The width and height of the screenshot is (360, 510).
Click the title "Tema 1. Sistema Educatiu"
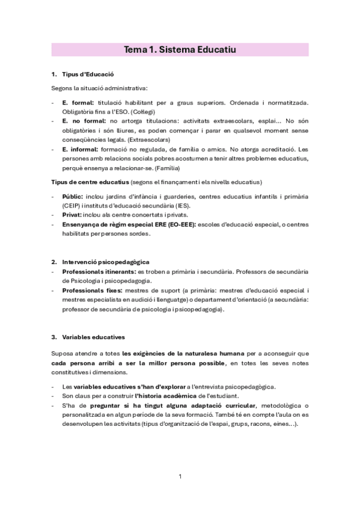[x=180, y=50]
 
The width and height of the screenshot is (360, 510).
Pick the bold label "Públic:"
[x=73, y=196]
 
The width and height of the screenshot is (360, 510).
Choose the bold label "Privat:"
[x=73, y=215]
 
